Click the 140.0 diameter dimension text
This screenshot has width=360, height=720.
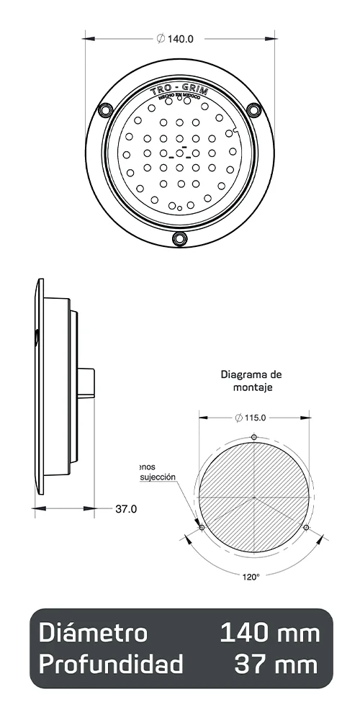point(176,39)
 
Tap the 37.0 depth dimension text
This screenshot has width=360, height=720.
point(126,509)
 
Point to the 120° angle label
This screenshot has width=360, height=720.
point(250,576)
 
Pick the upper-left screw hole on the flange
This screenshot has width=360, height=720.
point(105,109)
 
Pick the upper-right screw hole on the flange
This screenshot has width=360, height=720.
point(253,109)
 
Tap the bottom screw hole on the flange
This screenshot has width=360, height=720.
point(179,238)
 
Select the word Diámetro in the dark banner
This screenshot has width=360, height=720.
point(93,634)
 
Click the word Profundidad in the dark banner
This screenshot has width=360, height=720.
point(111,665)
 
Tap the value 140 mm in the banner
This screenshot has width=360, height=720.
point(269,634)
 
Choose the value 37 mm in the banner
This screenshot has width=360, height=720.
point(276,665)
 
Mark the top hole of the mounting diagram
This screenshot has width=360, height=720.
point(254,437)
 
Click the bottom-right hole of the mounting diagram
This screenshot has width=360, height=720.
point(307,528)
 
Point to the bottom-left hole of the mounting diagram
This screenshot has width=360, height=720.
point(202,528)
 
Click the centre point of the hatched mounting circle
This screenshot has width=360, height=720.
point(254,498)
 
